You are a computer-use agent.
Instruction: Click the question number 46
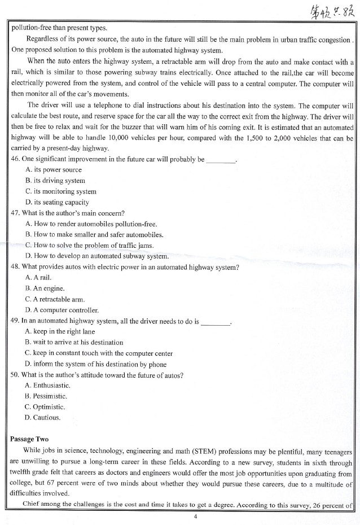[x=15, y=159]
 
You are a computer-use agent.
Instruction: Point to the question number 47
[x=15, y=213]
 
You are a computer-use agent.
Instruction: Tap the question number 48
[x=15, y=267]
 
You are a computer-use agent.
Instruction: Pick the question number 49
[x=15, y=321]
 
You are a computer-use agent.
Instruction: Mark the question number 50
[x=15, y=375]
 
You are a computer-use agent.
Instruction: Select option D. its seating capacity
[x=58, y=202]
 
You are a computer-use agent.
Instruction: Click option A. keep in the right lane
[x=60, y=332]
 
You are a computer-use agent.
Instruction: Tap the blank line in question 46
[x=221, y=160]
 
